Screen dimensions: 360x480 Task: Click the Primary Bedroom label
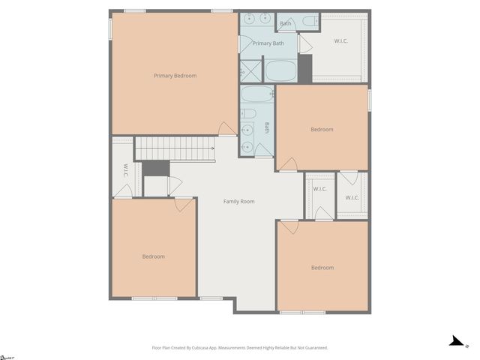pos(175,76)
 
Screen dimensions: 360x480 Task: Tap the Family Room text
pos(239,201)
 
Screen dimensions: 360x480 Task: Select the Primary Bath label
pos(268,43)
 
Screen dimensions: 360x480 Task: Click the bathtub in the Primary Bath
pos(280,70)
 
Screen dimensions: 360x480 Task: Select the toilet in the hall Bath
pos(250,114)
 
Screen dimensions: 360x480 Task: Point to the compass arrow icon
pos(457,341)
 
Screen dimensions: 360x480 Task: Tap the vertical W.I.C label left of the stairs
pos(125,170)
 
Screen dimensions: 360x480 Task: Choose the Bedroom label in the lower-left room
pos(154,256)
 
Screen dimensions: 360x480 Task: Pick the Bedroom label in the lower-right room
pos(322,268)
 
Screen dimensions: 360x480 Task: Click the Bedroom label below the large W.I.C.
pos(322,130)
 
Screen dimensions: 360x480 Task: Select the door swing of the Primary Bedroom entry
pos(226,129)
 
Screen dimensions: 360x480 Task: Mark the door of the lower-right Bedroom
pos(289,226)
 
